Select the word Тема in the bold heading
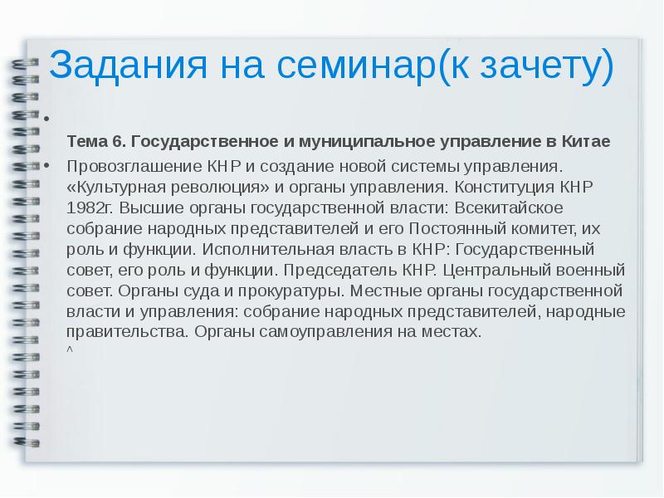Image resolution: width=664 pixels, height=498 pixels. [x=85, y=142]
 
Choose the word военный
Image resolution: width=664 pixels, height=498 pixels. [x=593, y=270]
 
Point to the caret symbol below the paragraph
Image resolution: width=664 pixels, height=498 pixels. [x=70, y=348]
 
